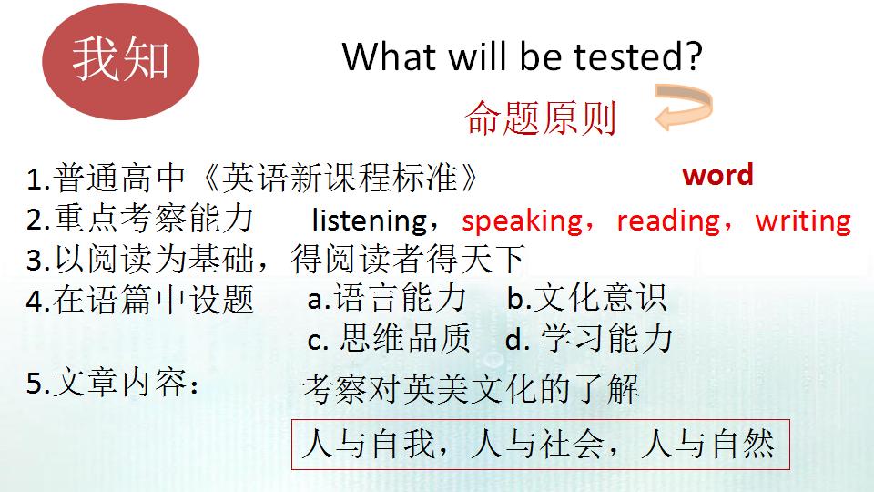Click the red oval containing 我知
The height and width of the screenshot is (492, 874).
pos(121,60)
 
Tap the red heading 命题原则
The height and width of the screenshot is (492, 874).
pos(541,118)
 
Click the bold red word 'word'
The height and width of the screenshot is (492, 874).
pos(717,175)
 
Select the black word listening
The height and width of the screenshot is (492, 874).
pos(369,220)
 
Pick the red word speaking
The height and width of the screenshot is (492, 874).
pos(521,220)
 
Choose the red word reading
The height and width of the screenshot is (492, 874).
pos(667,220)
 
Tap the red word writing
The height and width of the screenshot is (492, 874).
pos(803,220)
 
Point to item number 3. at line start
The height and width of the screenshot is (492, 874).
pos(36,261)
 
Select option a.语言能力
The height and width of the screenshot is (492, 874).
pos(387,298)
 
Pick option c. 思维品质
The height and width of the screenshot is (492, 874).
pos(390,340)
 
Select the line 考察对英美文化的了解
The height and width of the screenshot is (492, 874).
pos(470,390)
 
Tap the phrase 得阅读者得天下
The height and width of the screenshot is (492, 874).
pos(409,261)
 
